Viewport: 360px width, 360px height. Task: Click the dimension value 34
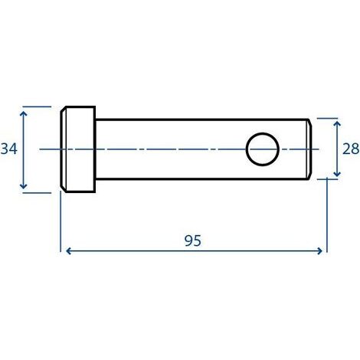point(9,149)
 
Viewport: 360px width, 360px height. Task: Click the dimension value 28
point(351,149)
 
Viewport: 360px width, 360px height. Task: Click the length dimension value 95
point(193,241)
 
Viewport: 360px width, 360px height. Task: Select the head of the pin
point(78,149)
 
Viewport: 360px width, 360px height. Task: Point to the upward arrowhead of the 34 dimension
point(24,114)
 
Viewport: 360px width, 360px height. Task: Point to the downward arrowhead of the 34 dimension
point(24,186)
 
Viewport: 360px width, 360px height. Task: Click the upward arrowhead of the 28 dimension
point(337,124)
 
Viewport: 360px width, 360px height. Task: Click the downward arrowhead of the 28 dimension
point(337,173)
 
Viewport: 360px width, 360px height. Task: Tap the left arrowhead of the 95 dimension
point(68,251)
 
